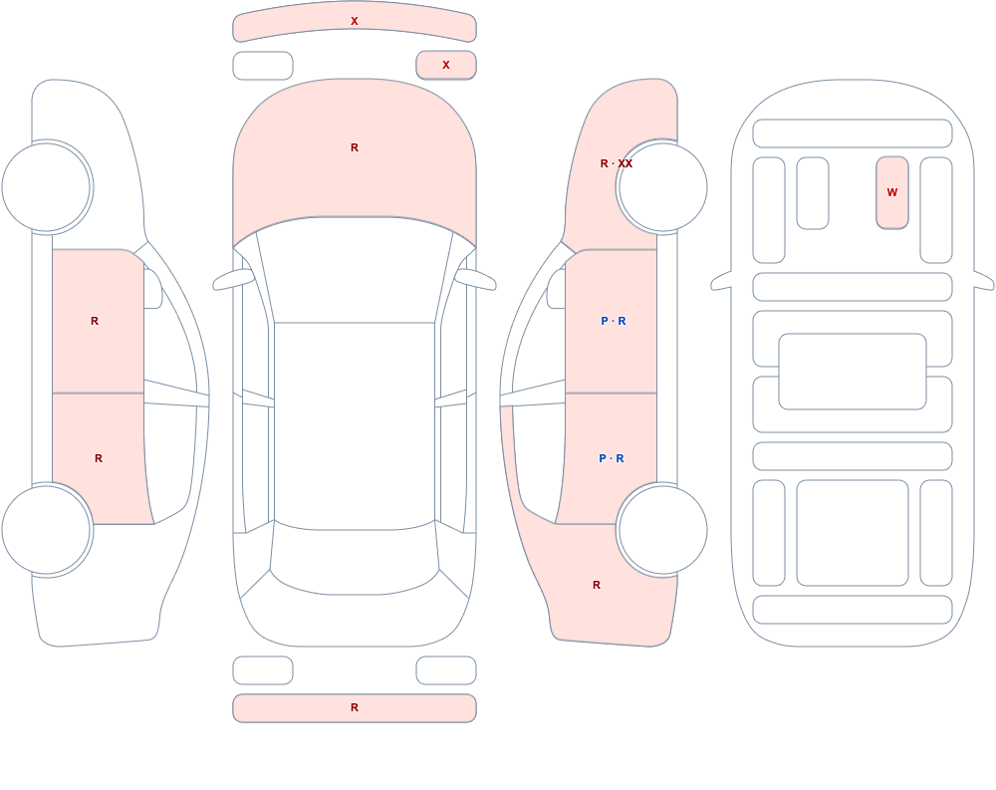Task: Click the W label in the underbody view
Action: point(891,192)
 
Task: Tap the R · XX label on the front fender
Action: point(617,164)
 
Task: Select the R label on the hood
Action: point(355,147)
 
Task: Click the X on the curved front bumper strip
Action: point(355,21)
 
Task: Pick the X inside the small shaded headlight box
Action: point(446,65)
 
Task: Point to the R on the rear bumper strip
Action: point(355,707)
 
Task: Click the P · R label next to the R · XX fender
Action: point(613,321)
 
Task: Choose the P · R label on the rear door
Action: point(612,458)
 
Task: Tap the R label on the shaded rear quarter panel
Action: point(597,585)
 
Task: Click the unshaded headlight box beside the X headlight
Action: point(263,66)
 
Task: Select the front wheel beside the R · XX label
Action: point(662,187)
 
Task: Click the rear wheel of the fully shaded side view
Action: point(662,530)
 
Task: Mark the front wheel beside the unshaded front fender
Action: point(47,187)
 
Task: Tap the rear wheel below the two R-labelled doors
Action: point(47,530)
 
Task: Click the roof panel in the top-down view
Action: point(355,425)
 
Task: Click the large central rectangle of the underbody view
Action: point(853,372)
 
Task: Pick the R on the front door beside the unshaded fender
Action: point(95,321)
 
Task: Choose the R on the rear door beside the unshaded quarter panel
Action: point(99,458)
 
